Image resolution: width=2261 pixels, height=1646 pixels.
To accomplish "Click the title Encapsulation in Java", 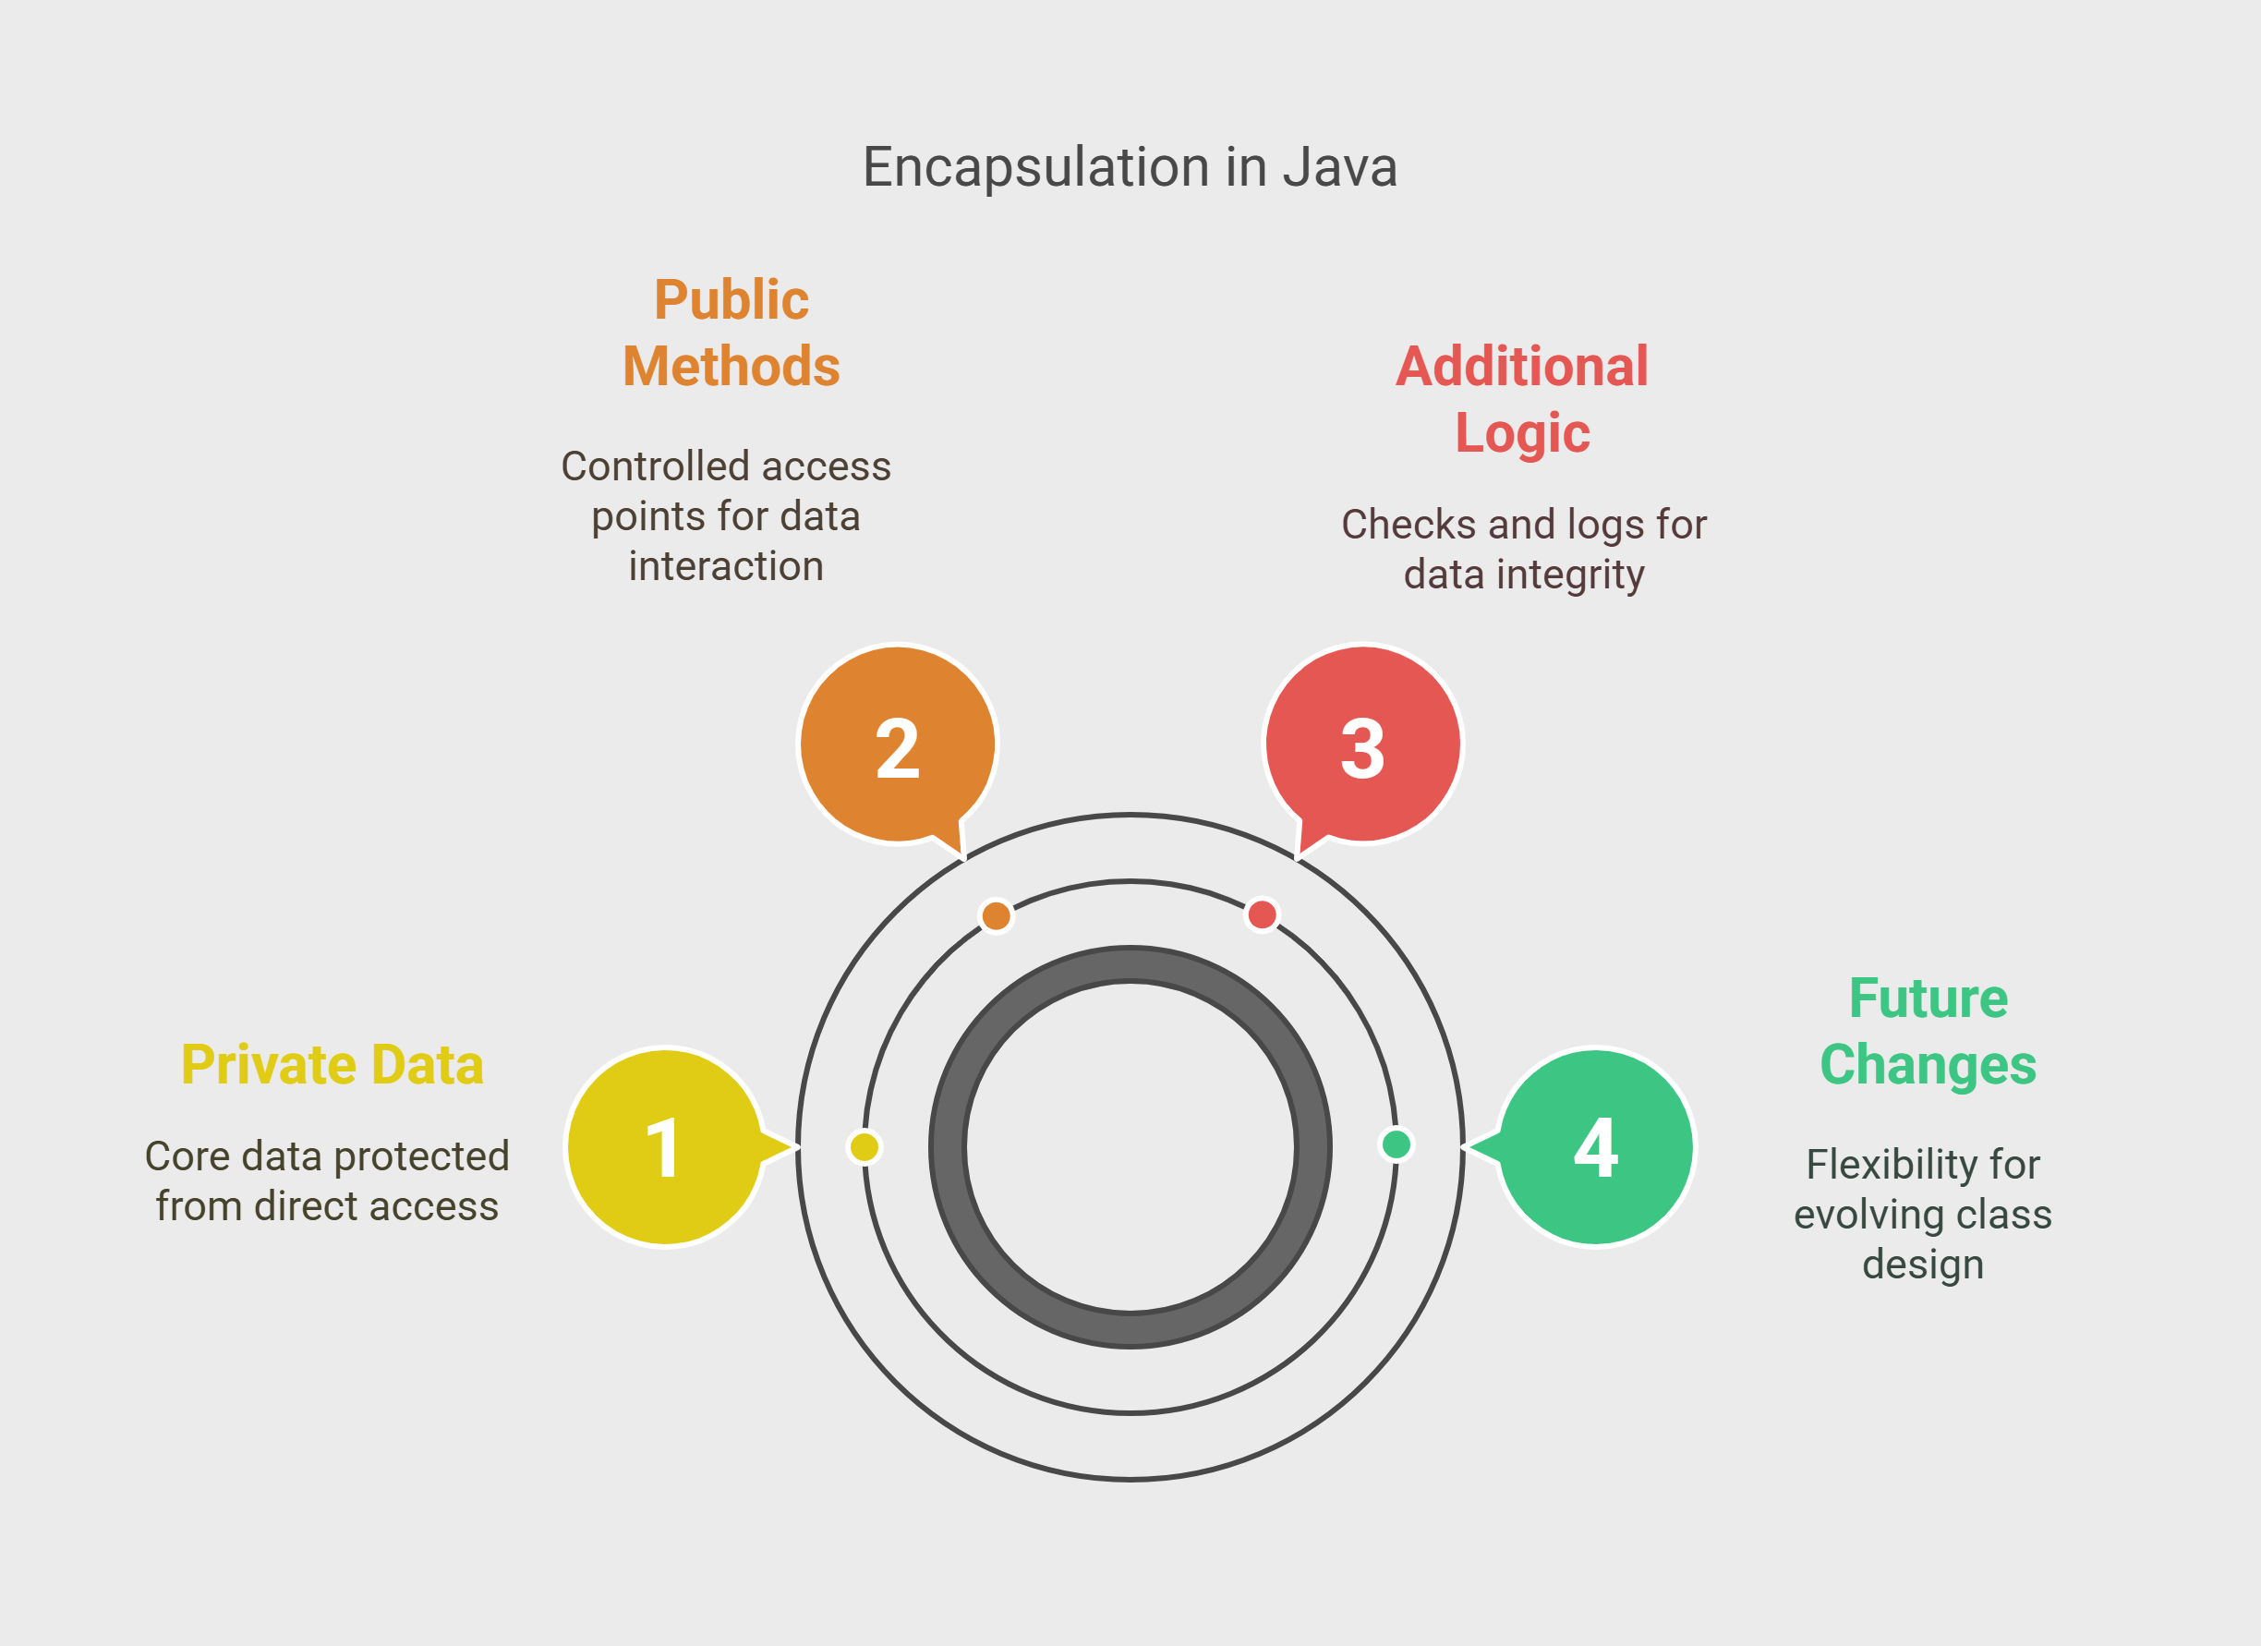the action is (x=1130, y=166).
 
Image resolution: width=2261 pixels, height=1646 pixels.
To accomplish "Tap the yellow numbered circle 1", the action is (x=666, y=1146).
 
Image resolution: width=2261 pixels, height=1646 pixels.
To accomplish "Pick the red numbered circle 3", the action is (x=1362, y=744).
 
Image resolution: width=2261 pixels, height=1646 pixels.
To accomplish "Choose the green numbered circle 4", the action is (x=1595, y=1146).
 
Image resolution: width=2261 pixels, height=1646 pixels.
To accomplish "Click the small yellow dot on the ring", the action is (x=864, y=1146).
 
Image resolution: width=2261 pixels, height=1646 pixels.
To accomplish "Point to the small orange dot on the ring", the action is (x=996, y=915).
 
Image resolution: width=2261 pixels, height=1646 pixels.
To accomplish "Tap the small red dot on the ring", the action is (x=1262, y=914).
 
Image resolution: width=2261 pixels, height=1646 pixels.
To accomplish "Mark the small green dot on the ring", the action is (x=1396, y=1144).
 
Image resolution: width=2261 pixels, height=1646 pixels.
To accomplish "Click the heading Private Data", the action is (x=332, y=1065).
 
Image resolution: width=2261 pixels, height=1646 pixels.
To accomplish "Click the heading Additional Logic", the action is (x=1522, y=399).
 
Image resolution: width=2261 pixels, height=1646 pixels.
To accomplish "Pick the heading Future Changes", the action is (x=1928, y=1031).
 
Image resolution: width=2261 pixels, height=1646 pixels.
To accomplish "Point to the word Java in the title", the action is (x=1340, y=166).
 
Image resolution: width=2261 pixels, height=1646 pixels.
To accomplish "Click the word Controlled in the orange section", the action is (x=642, y=466).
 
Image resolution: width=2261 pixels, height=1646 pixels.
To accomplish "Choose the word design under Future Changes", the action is (x=1923, y=1265).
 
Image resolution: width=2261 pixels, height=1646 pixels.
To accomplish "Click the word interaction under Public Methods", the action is (x=726, y=566).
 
